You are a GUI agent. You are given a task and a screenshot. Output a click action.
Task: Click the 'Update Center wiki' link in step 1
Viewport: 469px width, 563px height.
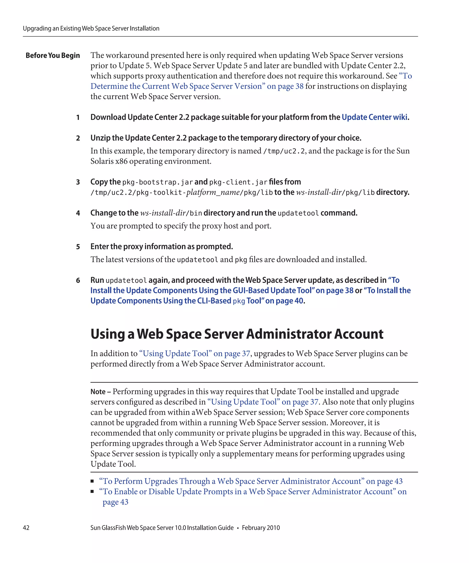374,117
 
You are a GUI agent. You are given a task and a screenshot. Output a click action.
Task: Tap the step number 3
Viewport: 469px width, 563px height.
78,182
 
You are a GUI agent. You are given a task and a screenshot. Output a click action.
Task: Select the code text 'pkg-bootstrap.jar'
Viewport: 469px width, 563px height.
158,182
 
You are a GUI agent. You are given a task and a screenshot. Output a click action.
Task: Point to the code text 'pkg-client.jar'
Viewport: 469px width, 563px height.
238,182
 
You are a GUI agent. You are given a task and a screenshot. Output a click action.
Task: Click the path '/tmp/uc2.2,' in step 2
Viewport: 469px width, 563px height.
285,151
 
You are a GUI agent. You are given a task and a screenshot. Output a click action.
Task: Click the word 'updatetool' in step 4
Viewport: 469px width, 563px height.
298,213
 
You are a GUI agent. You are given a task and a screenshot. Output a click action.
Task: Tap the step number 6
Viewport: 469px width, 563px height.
78,280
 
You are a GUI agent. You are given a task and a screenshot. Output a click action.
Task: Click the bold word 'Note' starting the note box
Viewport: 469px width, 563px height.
98,392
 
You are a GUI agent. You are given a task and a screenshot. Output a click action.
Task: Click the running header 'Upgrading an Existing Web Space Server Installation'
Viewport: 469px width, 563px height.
91,28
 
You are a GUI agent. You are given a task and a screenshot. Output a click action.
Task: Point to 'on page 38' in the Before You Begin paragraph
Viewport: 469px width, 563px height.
285,86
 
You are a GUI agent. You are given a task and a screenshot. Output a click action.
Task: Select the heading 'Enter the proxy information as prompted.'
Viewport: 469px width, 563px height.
162,246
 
